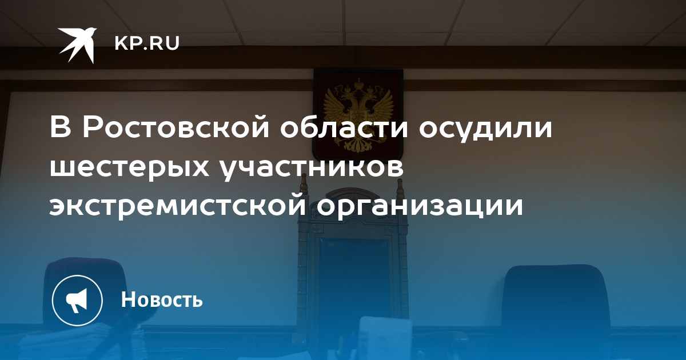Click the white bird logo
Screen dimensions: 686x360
77,45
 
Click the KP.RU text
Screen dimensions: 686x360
147,43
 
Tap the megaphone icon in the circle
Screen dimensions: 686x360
77,300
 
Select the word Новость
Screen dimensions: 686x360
162,299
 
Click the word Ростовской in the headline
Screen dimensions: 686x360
176,126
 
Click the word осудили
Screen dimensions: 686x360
485,127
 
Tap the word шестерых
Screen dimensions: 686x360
129,168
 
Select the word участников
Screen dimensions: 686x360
312,168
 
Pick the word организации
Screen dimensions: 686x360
420,208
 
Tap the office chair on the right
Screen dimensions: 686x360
554,309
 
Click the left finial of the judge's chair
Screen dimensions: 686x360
304,183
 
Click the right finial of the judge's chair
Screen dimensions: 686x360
400,188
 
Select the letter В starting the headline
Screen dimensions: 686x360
61,126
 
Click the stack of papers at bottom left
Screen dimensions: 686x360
77,343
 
